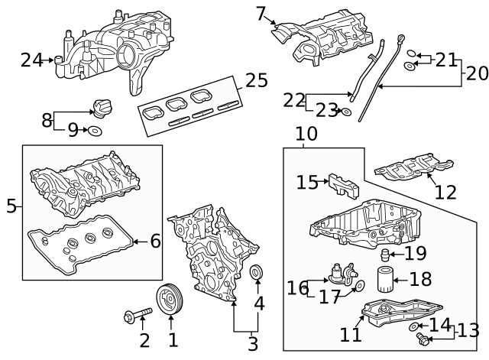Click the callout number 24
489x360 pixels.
tap(31, 60)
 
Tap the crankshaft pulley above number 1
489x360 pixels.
tap(169, 300)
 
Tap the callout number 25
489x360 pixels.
tap(257, 80)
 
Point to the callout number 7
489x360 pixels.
tap(261, 13)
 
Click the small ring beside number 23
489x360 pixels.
tap(348, 112)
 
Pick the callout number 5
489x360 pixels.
tap(11, 205)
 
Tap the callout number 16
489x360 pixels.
tap(297, 287)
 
